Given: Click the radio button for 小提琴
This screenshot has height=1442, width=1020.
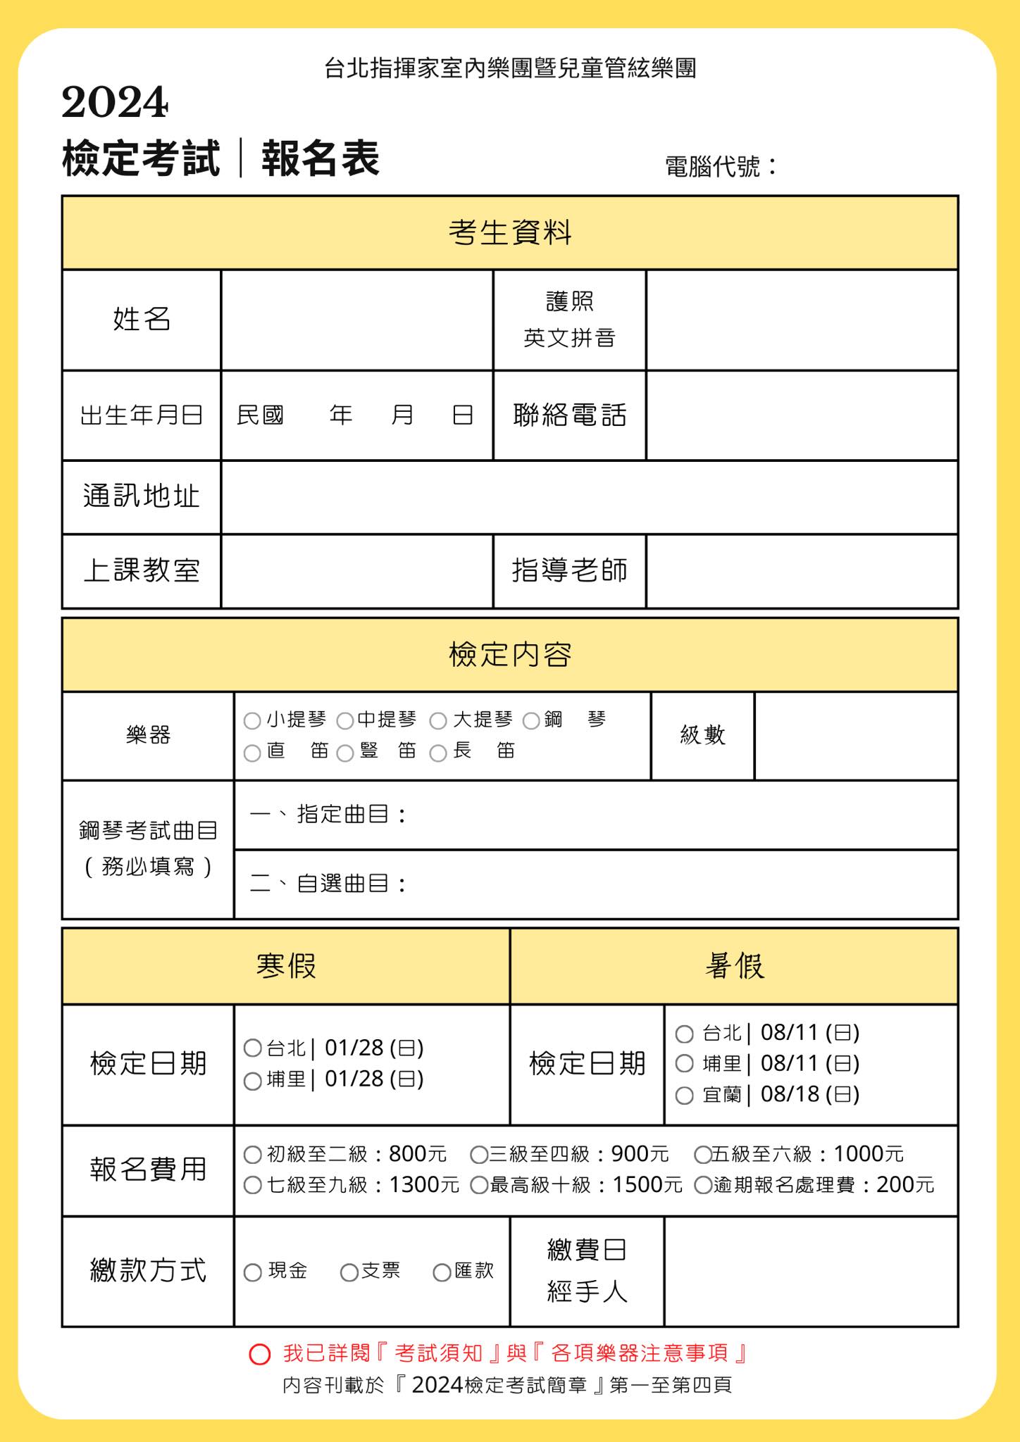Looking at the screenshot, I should (x=252, y=721).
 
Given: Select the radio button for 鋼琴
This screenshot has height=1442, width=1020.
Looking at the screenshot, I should (x=532, y=721).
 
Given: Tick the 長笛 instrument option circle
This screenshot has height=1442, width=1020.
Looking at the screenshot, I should (x=438, y=753).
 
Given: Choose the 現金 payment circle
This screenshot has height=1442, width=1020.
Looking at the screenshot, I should (x=253, y=1272).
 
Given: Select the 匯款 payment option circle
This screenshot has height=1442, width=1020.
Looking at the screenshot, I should (x=442, y=1272).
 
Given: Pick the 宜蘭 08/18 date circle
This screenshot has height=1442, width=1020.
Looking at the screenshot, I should (x=685, y=1096).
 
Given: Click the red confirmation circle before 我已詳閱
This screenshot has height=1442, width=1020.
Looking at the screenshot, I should (x=260, y=1354).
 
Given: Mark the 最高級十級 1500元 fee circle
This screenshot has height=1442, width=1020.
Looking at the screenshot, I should (x=480, y=1186).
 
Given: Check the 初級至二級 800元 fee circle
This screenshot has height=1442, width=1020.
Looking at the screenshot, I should (x=253, y=1155).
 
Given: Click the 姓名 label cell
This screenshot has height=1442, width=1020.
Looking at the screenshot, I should (x=142, y=320).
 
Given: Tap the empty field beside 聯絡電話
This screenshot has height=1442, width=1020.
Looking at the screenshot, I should (x=802, y=415).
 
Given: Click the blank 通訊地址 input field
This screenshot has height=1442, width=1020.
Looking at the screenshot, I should (x=589, y=497).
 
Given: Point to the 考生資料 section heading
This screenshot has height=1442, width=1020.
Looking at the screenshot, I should (x=510, y=233).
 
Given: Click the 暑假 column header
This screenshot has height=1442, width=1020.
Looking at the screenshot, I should (x=734, y=966).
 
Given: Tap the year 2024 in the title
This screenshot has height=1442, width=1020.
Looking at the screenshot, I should (x=115, y=103).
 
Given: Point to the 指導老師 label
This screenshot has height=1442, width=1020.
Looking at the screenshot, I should (x=569, y=571).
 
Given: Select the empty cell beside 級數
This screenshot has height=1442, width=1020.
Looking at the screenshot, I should (x=856, y=736).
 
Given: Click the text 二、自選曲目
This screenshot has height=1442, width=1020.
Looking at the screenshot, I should (x=328, y=884).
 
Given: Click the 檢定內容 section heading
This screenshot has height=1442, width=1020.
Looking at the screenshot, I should (x=510, y=655).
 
